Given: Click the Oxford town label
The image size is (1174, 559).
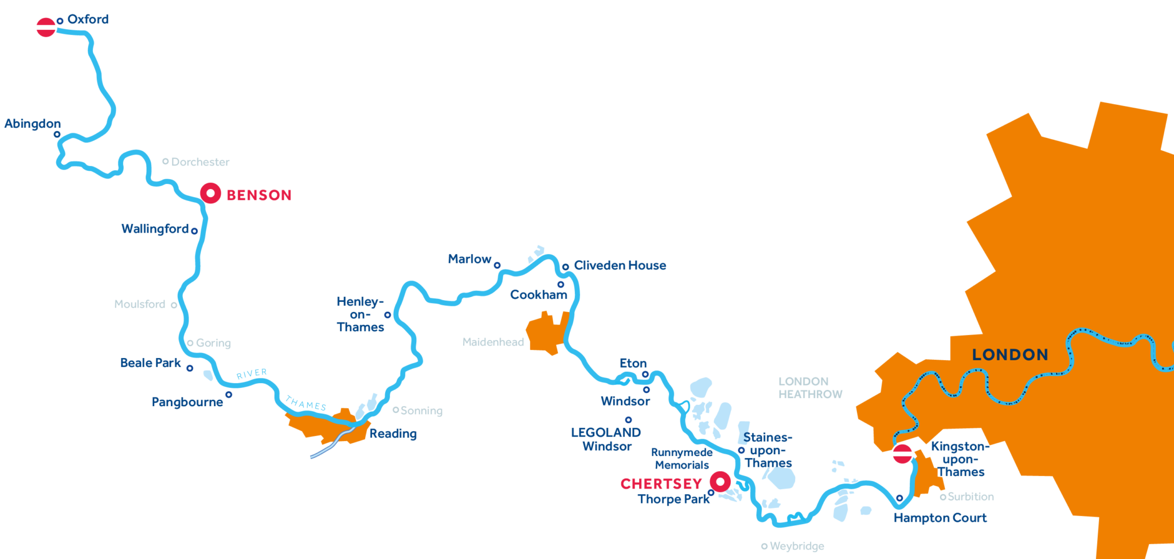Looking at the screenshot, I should point(88,19).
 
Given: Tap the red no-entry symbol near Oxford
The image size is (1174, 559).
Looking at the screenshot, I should point(46,27).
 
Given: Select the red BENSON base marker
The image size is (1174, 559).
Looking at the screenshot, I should point(210,194).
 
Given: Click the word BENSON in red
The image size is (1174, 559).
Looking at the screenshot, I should point(259,195).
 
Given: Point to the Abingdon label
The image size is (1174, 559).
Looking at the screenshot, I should point(33,124).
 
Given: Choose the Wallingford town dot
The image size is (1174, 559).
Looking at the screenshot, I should point(194,231).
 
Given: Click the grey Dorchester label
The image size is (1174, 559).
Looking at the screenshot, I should point(200,162).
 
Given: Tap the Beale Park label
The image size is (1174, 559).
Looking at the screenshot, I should point(150,363).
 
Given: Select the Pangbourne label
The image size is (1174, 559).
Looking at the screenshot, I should point(187,402).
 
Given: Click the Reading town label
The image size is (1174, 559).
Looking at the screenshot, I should point(393,434).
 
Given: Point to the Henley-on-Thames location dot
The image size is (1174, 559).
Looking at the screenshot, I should point(388,315).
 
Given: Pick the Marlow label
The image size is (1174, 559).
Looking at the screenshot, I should point(469,259).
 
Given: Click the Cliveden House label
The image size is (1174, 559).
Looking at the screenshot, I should point(620,265).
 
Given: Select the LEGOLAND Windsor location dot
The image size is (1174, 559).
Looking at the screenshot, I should point(628,420).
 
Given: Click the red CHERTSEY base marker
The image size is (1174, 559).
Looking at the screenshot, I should point(720,481).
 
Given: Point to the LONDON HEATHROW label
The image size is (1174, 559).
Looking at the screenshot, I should point(810,388).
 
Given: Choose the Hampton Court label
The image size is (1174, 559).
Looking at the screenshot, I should point(940,518).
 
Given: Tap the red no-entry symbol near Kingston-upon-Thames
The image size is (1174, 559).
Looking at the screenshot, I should point(903,454).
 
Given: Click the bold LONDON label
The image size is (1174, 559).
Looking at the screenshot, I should point(1010,355).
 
